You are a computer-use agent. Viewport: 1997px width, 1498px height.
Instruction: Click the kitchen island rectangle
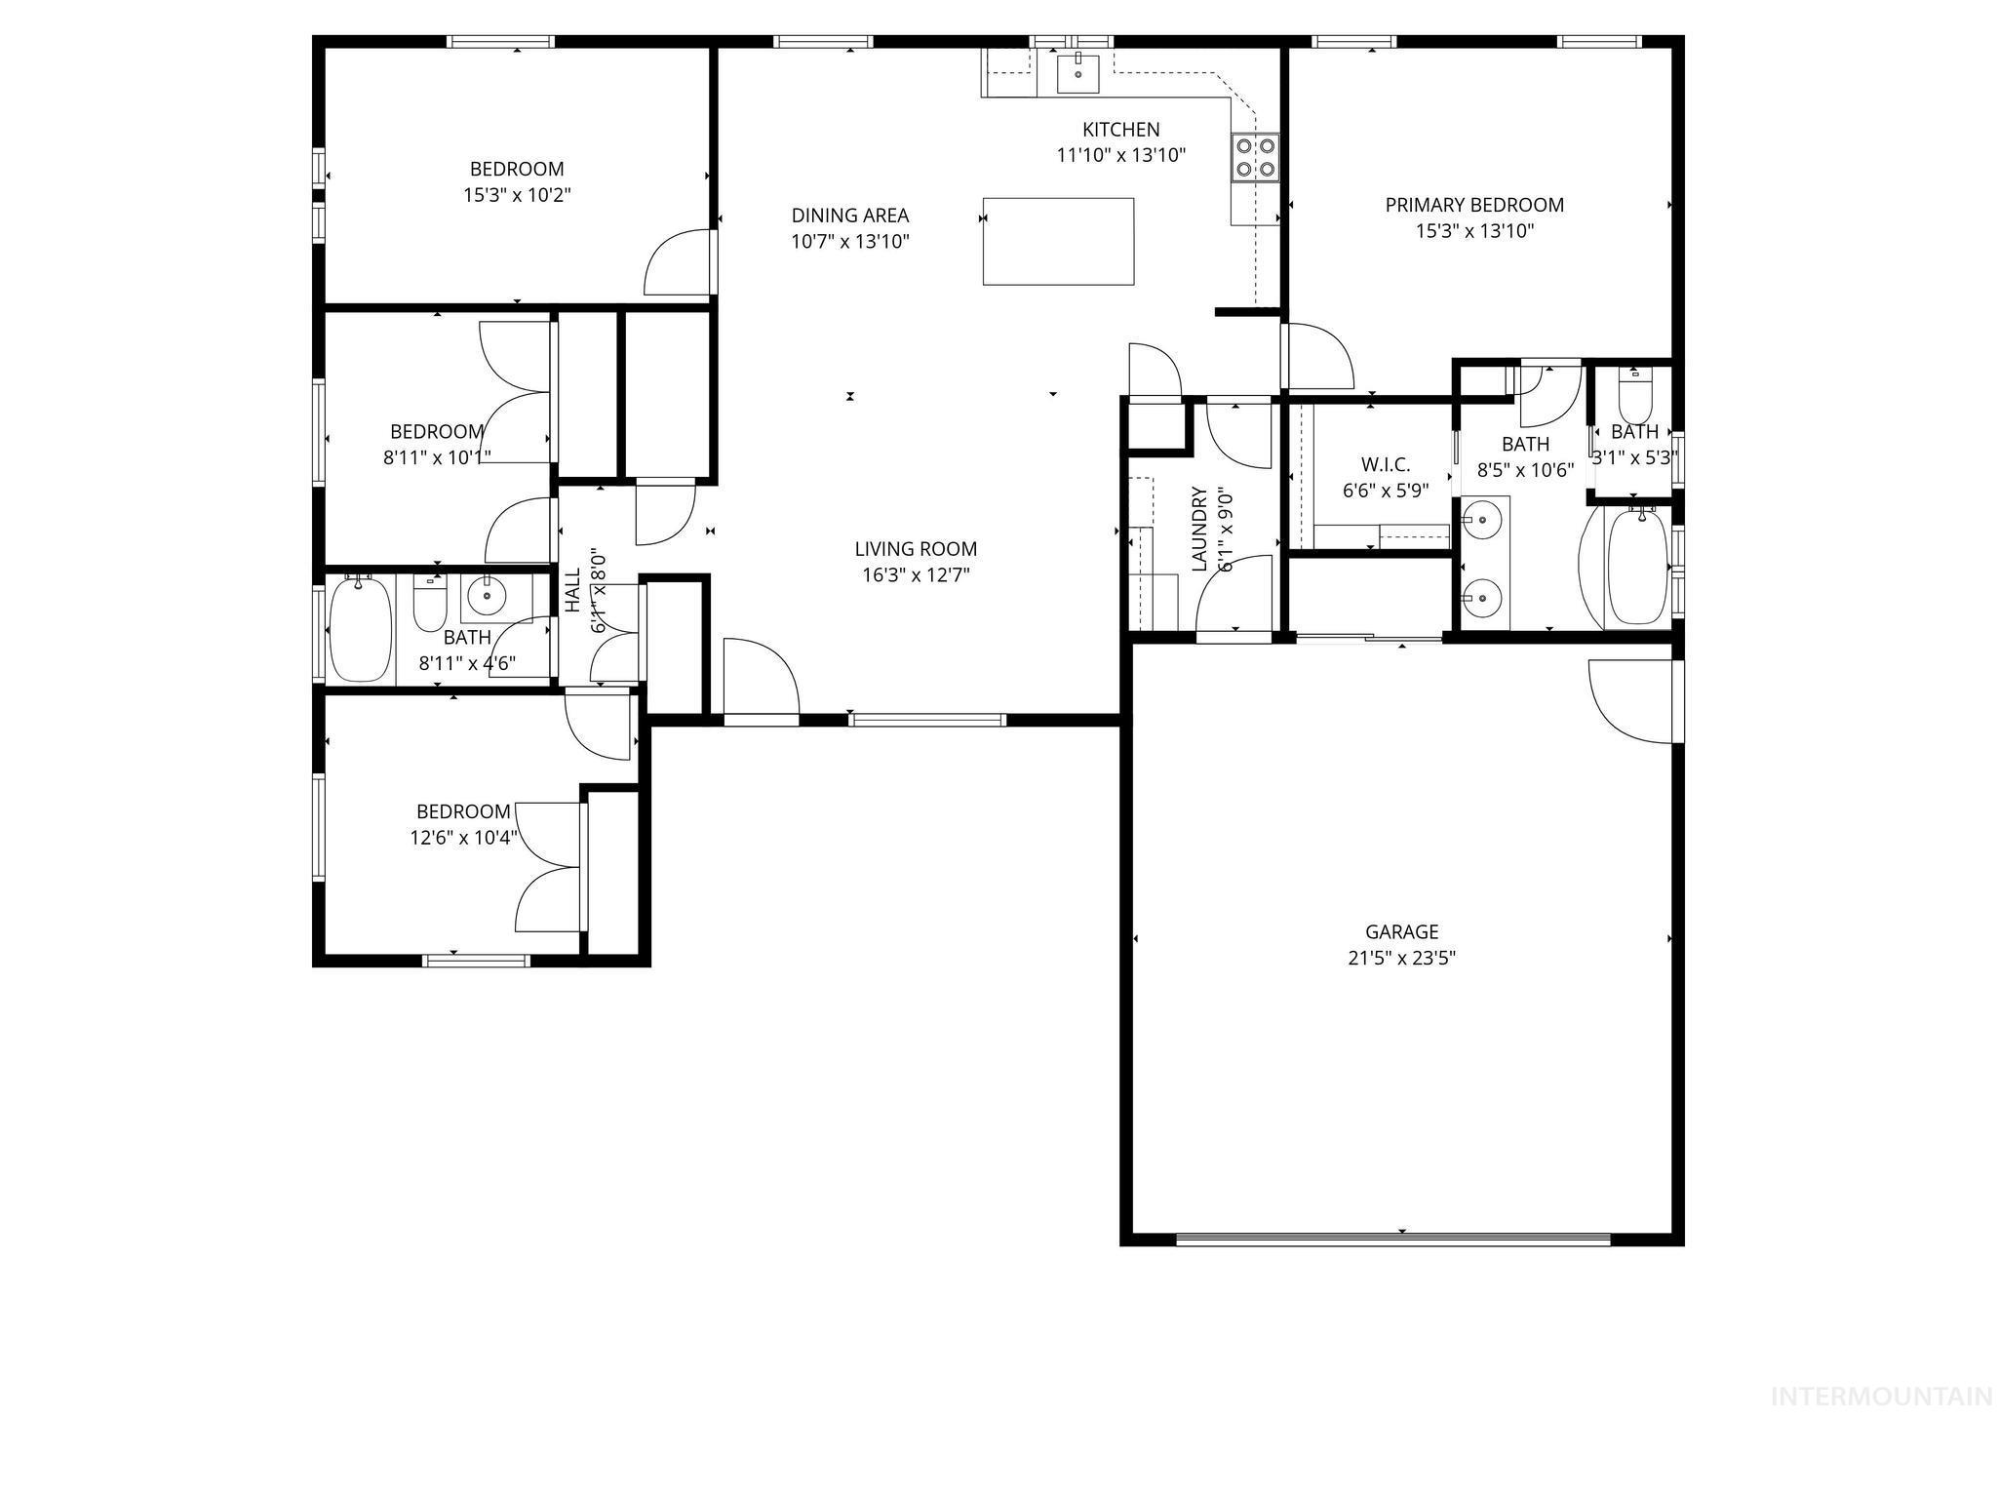click(1058, 241)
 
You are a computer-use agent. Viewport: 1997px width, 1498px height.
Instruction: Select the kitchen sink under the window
click(1078, 72)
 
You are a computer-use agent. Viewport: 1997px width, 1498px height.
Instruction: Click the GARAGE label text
click(1401, 932)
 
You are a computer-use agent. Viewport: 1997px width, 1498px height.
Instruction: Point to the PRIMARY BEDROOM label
click(1474, 205)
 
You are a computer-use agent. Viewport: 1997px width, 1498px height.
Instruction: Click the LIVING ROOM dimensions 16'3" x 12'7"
click(916, 575)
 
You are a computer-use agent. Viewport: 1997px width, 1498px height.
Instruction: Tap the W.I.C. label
click(1386, 465)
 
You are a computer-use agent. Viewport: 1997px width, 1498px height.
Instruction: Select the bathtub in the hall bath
click(361, 629)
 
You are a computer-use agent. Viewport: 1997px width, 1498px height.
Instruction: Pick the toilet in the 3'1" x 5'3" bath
click(1634, 396)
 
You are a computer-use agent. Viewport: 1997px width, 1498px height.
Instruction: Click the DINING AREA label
click(849, 216)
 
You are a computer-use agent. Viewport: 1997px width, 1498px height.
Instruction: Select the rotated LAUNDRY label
click(1199, 529)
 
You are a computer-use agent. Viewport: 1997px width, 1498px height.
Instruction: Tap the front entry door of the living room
click(762, 678)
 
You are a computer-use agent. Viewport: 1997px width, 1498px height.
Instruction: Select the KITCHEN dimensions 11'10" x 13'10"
click(1120, 155)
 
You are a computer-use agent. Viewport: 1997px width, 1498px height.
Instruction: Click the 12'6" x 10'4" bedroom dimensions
click(463, 837)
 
